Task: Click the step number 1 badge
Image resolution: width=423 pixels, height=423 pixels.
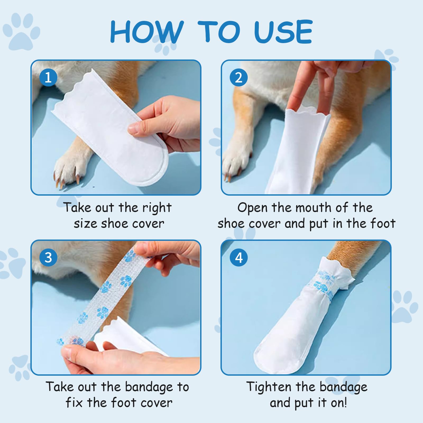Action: pyautogui.click(x=48, y=77)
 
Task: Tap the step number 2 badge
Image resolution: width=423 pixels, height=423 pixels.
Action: pyautogui.click(x=238, y=77)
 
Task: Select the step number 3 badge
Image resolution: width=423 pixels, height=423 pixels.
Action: pyautogui.click(x=48, y=258)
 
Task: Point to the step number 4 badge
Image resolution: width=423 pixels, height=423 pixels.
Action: pyautogui.click(x=238, y=258)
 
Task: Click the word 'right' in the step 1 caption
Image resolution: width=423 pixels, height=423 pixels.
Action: pyautogui.click(x=157, y=208)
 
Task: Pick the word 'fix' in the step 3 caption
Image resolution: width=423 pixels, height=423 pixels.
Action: pyautogui.click(x=74, y=403)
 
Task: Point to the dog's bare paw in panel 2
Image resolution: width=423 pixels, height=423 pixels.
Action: pyautogui.click(x=235, y=161)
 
